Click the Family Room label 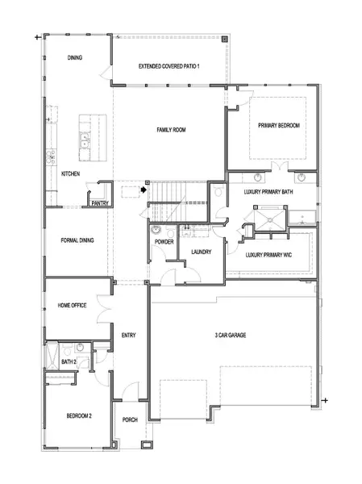171,130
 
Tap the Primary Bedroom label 279,125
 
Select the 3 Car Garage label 231,335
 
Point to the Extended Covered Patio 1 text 169,66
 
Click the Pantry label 100,203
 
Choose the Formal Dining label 77,240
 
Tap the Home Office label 72,305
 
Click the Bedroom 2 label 79,415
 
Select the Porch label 130,419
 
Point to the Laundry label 202,252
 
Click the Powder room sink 156,230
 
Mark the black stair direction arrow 144,190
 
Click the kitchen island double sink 84,140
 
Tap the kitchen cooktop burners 51,157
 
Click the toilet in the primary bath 218,191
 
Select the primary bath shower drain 270,220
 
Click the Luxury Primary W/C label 268,255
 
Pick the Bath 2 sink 81,347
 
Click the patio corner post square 225,39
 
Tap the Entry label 129,335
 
